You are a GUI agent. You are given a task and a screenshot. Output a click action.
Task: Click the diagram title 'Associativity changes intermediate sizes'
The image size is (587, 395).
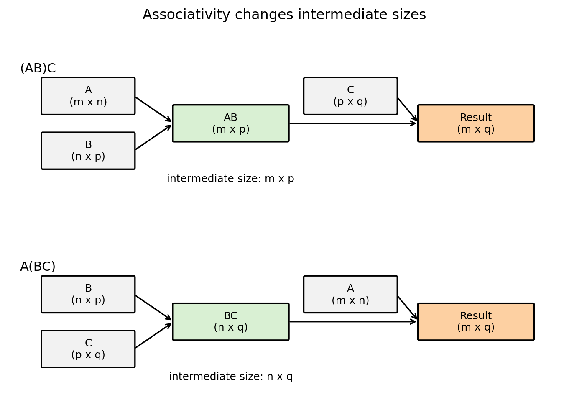(x=284, y=15)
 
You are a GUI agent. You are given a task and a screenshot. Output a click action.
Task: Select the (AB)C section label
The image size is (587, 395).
(x=38, y=69)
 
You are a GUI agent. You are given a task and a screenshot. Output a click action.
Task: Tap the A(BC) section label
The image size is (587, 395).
(x=38, y=267)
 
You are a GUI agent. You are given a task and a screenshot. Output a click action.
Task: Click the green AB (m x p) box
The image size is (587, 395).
(x=230, y=123)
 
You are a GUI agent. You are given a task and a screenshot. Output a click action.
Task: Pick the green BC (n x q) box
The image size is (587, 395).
(x=230, y=322)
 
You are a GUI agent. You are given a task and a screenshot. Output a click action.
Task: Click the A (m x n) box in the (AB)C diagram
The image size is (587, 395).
(x=88, y=96)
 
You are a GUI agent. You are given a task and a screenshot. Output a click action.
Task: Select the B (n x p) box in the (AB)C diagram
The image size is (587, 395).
(x=88, y=151)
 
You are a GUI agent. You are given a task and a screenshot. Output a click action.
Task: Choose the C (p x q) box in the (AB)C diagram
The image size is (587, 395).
(x=350, y=96)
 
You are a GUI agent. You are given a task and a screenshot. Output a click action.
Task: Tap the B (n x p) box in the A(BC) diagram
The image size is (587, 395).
(x=88, y=294)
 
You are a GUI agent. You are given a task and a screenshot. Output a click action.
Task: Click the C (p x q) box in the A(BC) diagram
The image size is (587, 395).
(x=88, y=349)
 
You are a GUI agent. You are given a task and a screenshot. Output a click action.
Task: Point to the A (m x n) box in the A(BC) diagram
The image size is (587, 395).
(x=350, y=294)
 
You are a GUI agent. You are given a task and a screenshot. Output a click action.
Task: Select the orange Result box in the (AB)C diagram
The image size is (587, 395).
(x=476, y=123)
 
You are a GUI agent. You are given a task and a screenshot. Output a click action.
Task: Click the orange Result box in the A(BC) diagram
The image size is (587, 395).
(x=476, y=322)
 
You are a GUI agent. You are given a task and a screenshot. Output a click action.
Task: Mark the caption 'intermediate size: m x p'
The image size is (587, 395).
(x=230, y=179)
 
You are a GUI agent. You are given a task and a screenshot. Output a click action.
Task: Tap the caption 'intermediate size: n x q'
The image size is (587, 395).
(x=230, y=377)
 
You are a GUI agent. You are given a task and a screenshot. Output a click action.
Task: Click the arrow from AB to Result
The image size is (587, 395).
(x=353, y=123)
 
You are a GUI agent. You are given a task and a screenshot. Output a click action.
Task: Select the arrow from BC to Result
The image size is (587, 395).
(x=353, y=322)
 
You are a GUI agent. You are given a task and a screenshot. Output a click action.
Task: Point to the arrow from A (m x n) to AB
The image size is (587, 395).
(x=153, y=109)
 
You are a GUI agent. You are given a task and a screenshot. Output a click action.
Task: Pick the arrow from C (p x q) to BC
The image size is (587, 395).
(x=153, y=336)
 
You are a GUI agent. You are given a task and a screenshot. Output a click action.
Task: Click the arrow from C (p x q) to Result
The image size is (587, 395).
(x=407, y=110)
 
